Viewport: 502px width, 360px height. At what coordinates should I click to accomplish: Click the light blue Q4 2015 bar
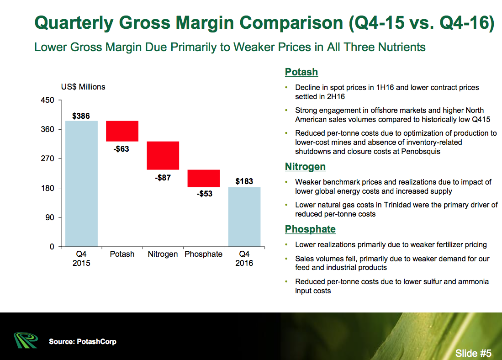[x=81, y=184]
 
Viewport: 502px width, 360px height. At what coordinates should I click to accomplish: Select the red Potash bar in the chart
[x=122, y=131]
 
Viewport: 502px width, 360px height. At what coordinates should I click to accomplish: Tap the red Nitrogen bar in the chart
[x=163, y=155]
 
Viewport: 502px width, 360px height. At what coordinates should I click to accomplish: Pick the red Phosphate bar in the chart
[x=203, y=178]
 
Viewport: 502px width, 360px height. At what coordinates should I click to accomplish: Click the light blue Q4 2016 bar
[x=244, y=217]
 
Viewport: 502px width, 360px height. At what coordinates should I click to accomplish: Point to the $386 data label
[x=81, y=116]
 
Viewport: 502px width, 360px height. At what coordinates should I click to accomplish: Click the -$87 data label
[x=163, y=178]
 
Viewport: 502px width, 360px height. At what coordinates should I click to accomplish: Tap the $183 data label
[x=244, y=181]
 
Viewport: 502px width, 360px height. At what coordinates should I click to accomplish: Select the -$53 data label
[x=204, y=194]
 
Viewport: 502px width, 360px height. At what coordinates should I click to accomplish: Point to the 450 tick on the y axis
[x=48, y=100]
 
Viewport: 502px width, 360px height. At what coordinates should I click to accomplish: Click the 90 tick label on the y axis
[x=50, y=217]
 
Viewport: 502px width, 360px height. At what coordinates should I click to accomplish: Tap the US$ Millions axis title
[x=83, y=87]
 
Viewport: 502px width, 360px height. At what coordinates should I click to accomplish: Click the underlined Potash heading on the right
[x=301, y=72]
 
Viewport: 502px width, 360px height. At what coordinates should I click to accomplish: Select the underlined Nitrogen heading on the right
[x=305, y=167]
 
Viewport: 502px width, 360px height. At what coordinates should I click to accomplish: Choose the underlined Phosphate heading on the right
[x=310, y=229]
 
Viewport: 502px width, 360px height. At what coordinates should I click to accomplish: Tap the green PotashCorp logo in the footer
[x=26, y=340]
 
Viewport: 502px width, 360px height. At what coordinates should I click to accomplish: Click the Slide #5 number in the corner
[x=473, y=353]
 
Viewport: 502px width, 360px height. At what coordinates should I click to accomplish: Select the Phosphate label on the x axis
[x=203, y=254]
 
